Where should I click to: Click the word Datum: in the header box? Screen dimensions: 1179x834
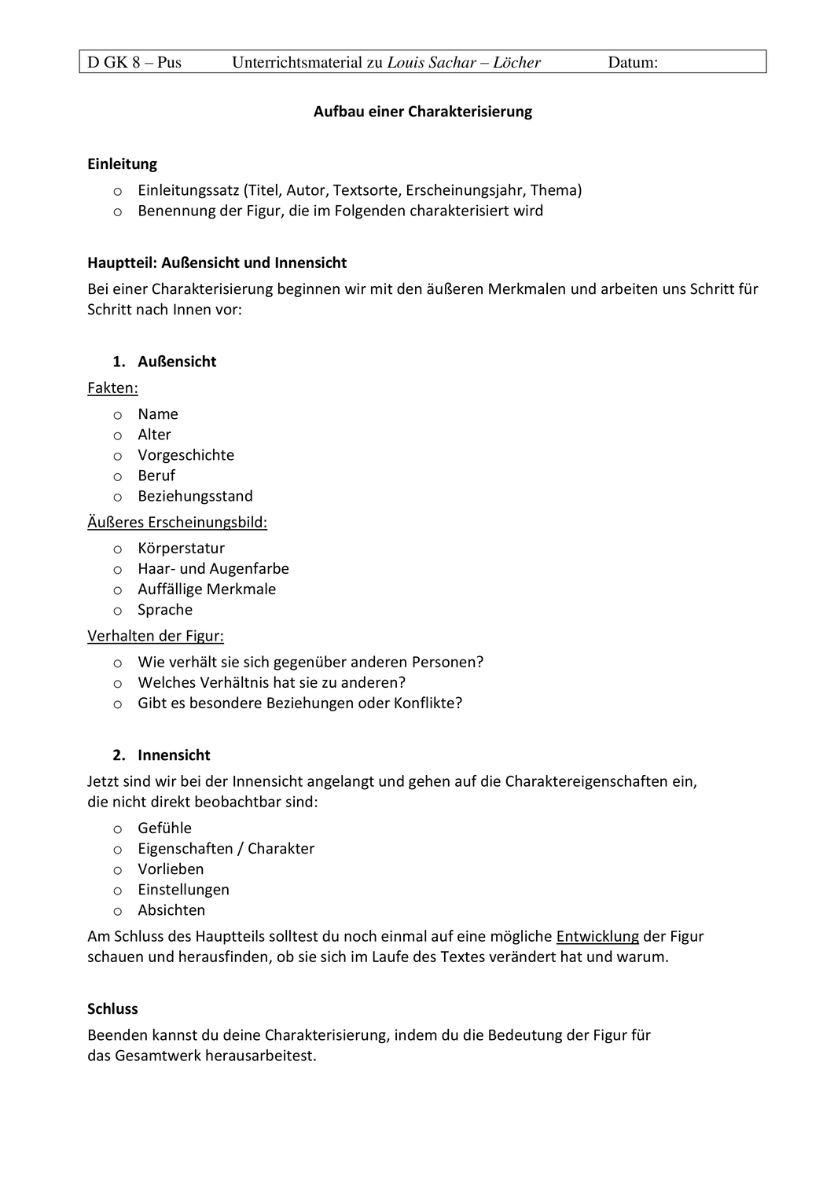point(633,62)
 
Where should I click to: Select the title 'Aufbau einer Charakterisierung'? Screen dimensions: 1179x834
point(423,112)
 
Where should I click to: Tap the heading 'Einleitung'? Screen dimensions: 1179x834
point(122,164)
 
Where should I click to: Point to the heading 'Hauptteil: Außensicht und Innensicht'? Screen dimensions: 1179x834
point(217,263)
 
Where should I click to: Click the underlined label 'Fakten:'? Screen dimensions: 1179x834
point(112,387)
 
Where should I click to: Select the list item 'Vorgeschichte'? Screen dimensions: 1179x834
point(186,455)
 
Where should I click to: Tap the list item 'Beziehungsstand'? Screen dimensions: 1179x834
point(195,496)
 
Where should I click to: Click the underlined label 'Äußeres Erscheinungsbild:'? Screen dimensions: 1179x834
point(177,522)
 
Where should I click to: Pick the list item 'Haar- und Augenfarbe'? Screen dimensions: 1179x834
point(213,568)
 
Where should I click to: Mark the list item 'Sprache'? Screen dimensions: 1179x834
point(165,610)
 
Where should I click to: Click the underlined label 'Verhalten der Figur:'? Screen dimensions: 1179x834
point(156,636)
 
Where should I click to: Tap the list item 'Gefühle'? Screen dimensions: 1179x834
point(164,828)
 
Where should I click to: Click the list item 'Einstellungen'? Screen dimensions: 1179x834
point(183,890)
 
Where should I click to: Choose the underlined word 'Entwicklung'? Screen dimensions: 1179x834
point(597,936)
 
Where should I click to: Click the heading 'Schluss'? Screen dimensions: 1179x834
point(112,1008)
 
